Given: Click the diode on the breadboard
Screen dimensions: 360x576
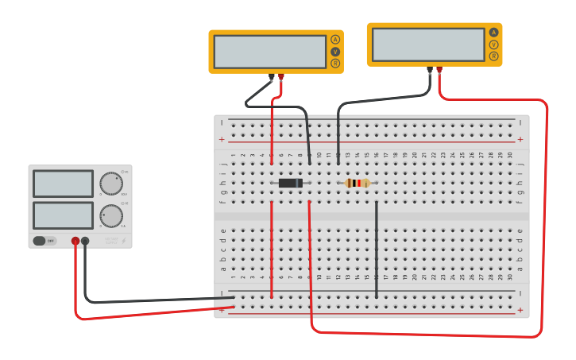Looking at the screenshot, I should (290, 183).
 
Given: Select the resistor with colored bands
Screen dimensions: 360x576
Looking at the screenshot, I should (358, 183).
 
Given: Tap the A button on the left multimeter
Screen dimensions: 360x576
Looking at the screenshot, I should (335, 40).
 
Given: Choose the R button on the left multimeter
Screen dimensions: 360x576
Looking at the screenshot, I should (335, 63).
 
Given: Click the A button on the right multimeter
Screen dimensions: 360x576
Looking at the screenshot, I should (493, 33).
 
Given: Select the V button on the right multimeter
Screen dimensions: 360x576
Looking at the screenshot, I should (493, 45).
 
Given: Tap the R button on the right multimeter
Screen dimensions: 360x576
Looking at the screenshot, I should (493, 56).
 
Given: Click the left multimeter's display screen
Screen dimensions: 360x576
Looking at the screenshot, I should (269, 52).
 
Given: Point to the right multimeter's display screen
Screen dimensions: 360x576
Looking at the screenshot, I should (428, 45).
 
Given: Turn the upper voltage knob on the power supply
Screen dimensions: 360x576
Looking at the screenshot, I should (111, 184).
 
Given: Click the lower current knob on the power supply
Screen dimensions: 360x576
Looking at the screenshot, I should (111, 215).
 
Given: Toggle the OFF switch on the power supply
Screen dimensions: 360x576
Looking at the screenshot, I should (44, 241).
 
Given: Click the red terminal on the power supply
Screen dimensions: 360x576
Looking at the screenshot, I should (75, 241).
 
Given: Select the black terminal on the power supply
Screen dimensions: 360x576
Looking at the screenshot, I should (85, 241).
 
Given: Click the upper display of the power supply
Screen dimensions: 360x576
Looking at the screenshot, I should (63, 184).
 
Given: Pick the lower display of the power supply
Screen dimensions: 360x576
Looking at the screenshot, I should (63, 215).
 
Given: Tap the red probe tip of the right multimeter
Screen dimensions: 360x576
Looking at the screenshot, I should (439, 70).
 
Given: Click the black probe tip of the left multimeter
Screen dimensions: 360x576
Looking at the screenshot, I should (271, 78).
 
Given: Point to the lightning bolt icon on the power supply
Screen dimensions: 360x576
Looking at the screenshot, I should (123, 240).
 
